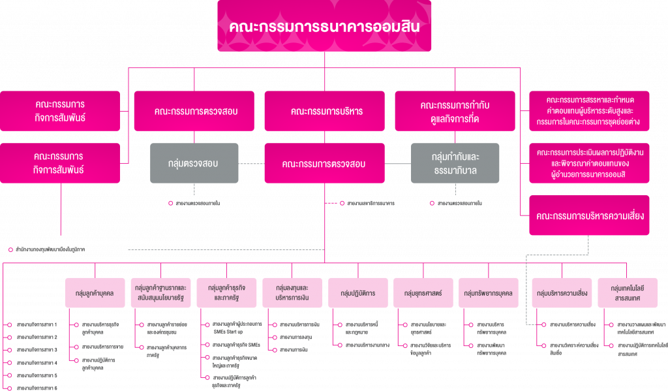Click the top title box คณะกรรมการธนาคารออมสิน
coord(324,26)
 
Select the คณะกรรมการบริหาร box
coord(324,111)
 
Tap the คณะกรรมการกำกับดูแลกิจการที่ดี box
coord(455,111)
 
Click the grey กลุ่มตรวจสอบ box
coord(194,163)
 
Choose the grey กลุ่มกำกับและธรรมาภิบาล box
coord(455,163)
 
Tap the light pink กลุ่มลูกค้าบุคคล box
coord(95,293)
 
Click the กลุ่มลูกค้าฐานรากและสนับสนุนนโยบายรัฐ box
coord(160,293)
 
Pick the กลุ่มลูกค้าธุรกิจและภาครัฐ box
coord(226,293)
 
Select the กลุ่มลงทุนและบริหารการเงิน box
coord(292,293)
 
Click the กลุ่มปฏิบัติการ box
coord(357,293)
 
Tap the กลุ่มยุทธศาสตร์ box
coord(423,293)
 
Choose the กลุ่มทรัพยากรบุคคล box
coord(489,293)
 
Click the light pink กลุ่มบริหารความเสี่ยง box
coord(560,293)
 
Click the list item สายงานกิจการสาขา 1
coord(37,324)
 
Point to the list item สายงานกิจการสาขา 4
coord(37,362)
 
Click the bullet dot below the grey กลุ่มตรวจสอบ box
coord(170,204)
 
